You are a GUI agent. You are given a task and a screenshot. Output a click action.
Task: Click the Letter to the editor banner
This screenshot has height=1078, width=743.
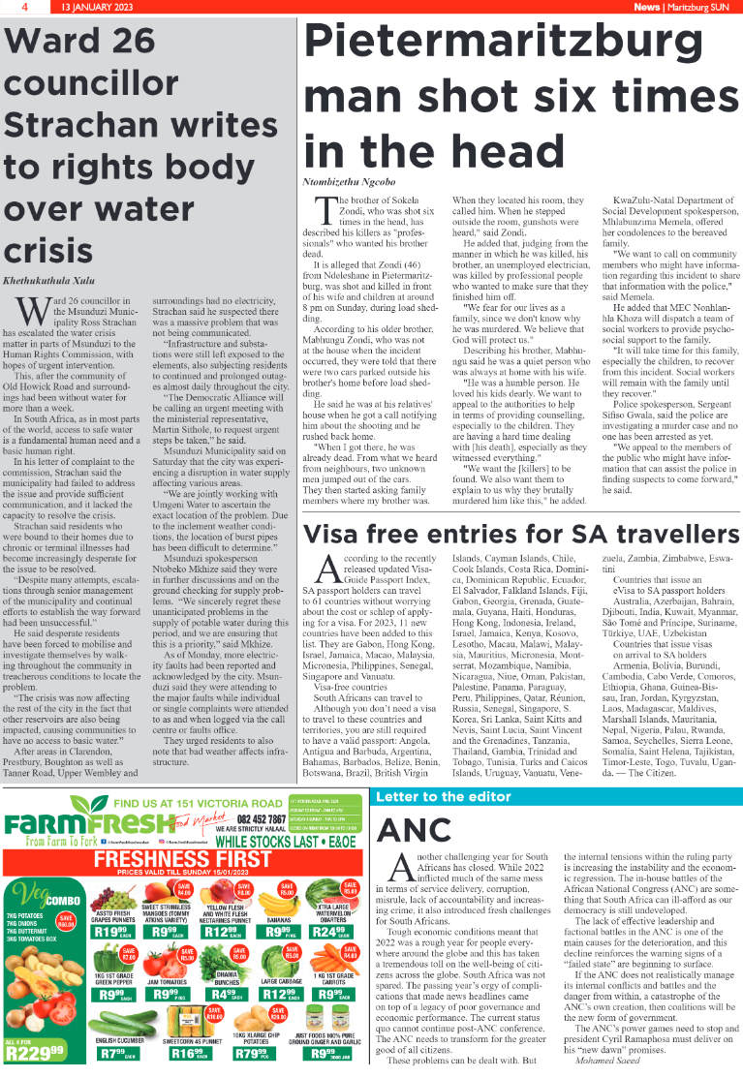444,796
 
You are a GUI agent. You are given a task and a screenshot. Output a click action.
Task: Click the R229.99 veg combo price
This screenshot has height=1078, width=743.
35,1052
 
